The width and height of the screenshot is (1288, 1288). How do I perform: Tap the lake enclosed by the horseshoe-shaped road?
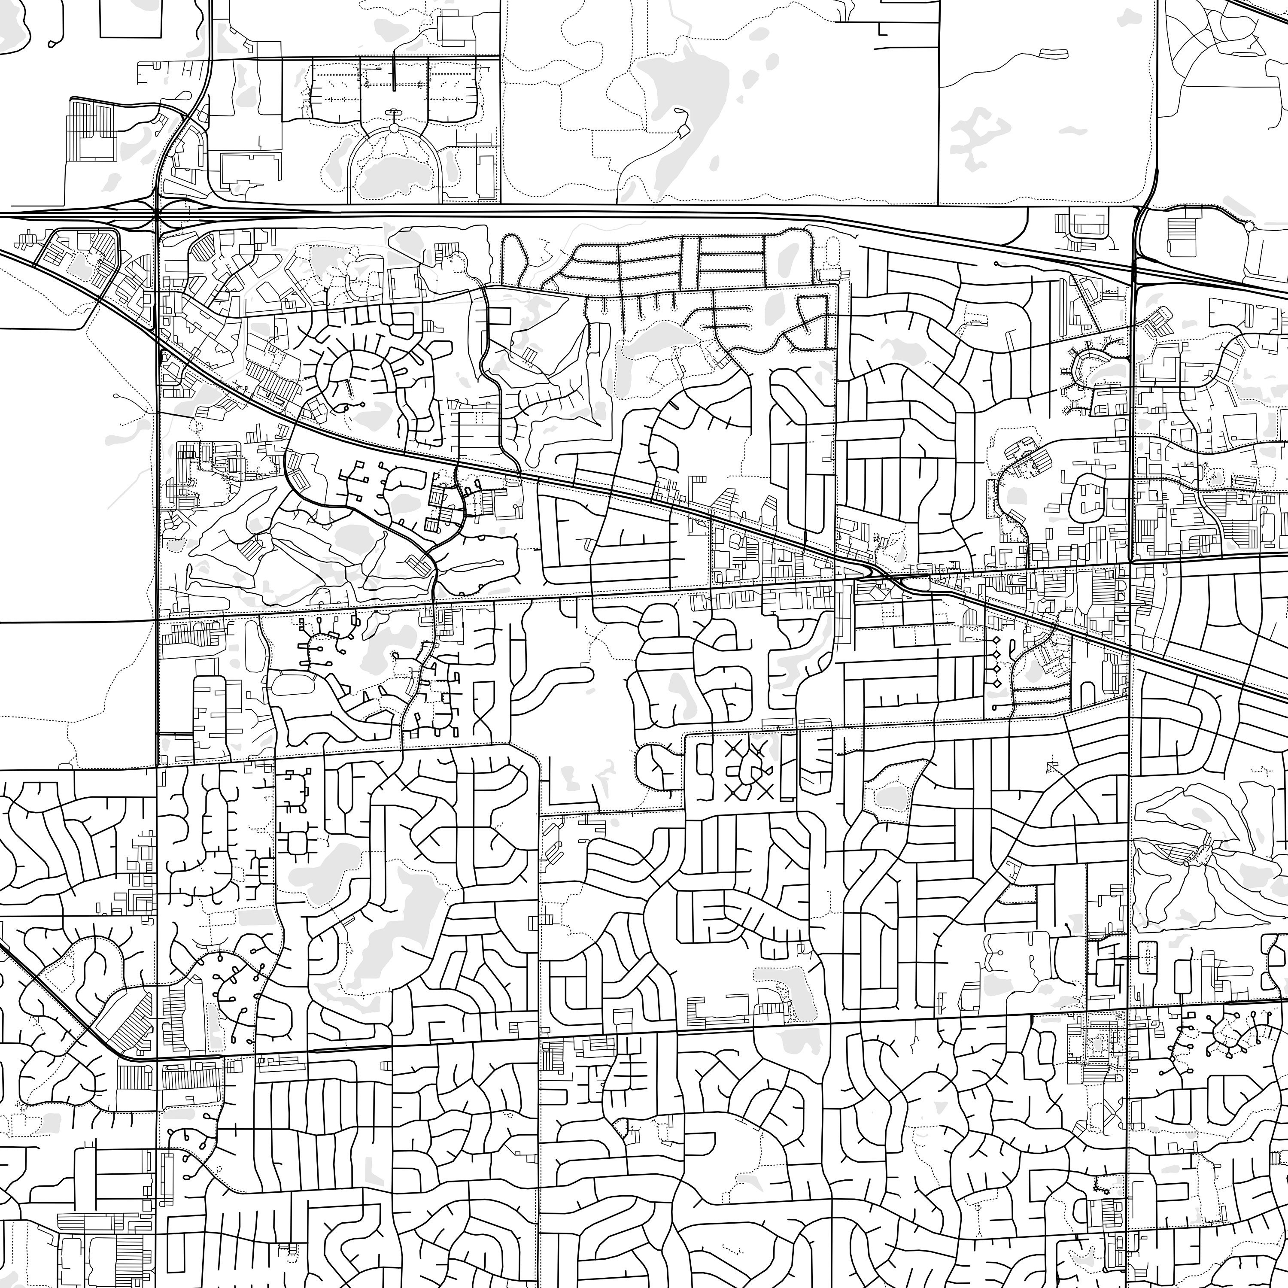(x=393, y=175)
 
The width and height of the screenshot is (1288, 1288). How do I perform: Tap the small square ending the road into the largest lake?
(x=683, y=132)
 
